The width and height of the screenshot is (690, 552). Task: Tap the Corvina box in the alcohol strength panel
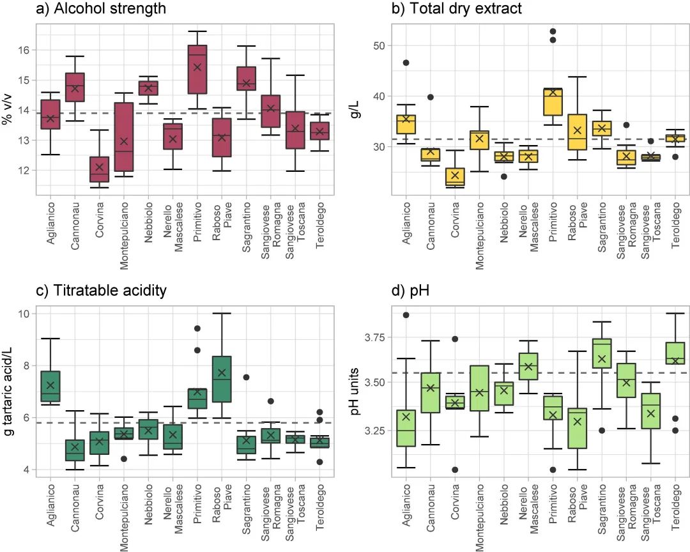coord(99,169)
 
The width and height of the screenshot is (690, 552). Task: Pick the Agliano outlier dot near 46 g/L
coord(406,63)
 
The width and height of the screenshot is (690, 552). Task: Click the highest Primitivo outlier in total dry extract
coord(553,31)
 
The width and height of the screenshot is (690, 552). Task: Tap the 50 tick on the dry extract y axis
coord(370,45)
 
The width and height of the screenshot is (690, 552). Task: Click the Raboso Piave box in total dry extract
coord(578,132)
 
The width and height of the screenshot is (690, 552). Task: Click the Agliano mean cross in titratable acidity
coord(50,385)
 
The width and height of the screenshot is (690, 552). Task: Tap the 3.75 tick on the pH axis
coord(365,337)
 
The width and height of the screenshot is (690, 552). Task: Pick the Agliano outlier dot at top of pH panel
coord(406,315)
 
